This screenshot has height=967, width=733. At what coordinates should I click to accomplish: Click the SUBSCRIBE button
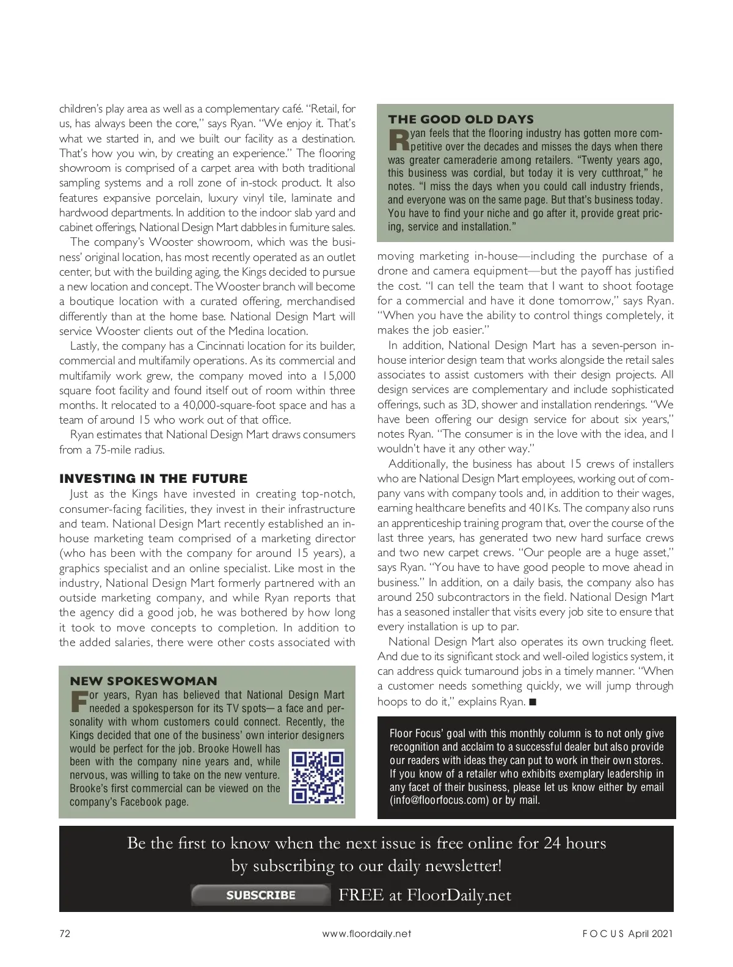261,895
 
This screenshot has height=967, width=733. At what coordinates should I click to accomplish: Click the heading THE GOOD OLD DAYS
461,119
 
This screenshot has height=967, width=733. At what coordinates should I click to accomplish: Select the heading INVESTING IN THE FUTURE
153,479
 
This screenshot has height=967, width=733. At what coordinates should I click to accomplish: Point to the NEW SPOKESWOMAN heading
144,681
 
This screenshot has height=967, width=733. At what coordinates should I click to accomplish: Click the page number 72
65,933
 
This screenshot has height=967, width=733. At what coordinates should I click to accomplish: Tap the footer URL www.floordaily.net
366,933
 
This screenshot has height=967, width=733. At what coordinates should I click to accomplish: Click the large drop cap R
398,140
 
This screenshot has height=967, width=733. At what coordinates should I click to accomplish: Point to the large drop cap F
79,702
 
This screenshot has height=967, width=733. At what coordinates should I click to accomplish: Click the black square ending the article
532,702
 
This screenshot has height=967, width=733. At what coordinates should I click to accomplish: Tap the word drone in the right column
393,271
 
